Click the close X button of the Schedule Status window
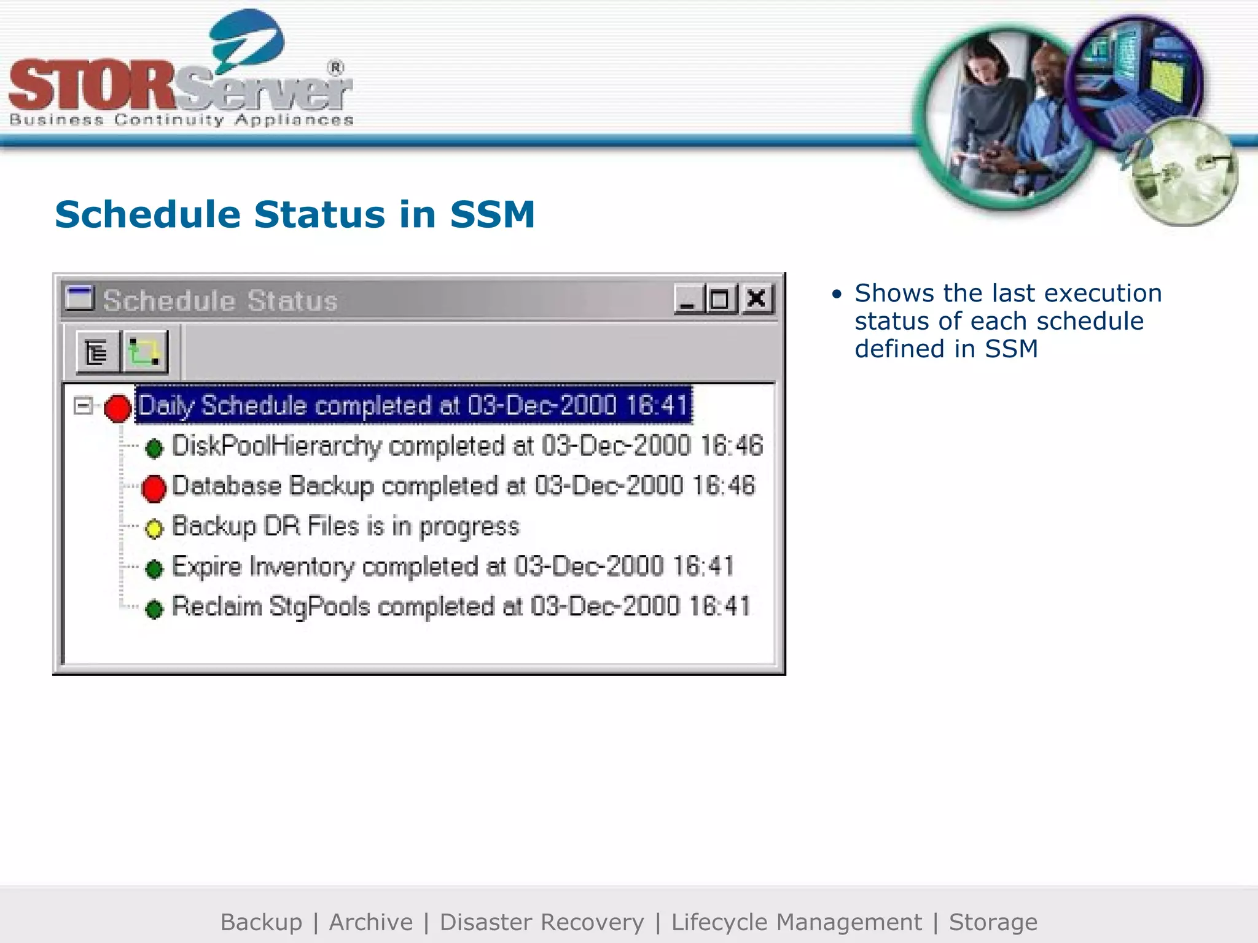[757, 299]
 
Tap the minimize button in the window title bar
[689, 299]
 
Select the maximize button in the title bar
[721, 299]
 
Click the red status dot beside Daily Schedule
[117, 408]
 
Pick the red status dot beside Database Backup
[154, 488]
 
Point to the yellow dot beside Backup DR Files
[154, 528]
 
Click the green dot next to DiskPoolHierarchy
[154, 448]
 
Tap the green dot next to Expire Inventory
[154, 569]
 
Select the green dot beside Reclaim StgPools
[154, 608]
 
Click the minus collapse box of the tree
[82, 406]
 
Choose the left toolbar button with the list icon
[97, 352]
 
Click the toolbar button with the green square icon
[145, 352]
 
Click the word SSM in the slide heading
[492, 214]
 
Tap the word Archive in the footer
[371, 922]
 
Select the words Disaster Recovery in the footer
[542, 922]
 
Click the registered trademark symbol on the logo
[335, 68]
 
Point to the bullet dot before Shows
[836, 295]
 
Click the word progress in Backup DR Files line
[469, 527]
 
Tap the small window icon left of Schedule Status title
[79, 298]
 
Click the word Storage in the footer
[993, 922]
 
